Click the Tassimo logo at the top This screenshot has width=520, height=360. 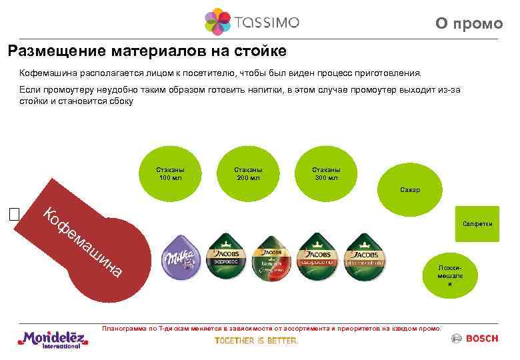pyautogui.click(x=252, y=21)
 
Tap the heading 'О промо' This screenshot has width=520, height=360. pyautogui.click(x=469, y=24)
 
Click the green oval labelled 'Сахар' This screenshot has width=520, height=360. pyautogui.click(x=411, y=190)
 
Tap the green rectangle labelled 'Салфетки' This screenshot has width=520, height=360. pyautogui.click(x=477, y=224)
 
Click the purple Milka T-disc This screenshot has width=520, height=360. pyautogui.click(x=182, y=257)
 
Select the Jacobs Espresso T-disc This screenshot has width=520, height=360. pyautogui.click(x=227, y=257)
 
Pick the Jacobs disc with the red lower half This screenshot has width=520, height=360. pyautogui.click(x=271, y=257)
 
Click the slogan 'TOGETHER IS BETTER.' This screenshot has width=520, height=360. pyautogui.click(x=257, y=341)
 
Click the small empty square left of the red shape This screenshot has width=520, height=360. pyautogui.click(x=15, y=214)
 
